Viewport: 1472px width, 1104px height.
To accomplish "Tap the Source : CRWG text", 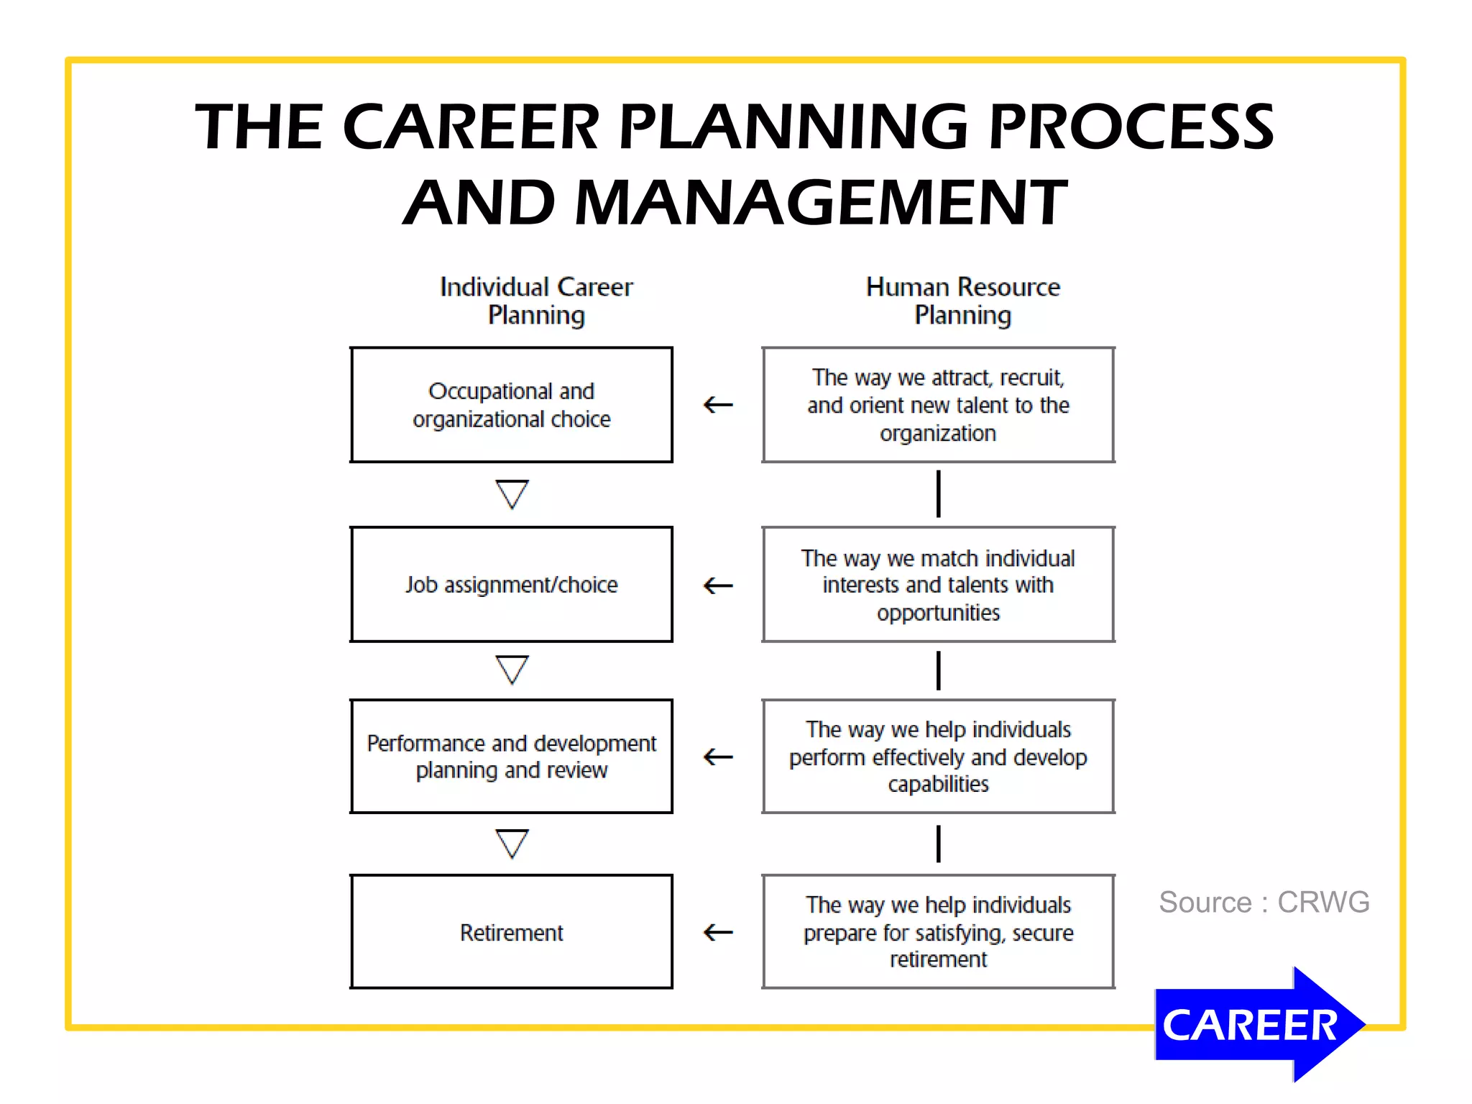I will [1264, 902].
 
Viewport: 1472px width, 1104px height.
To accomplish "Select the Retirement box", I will [511, 932].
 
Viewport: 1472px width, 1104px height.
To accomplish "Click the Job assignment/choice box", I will [511, 584].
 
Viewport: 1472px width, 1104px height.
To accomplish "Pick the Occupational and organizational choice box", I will [511, 404].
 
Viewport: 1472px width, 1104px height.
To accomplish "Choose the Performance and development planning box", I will [511, 756].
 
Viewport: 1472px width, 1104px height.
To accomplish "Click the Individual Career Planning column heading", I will [536, 301].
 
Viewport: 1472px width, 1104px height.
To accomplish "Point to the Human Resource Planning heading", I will [962, 301].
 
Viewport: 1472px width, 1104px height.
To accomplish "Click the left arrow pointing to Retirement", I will [717, 933].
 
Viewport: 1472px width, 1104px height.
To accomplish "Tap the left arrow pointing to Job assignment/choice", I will [717, 585].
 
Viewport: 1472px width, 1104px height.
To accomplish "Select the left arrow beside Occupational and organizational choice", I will [717, 405].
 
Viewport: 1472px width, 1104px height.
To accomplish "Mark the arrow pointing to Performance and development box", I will [717, 757].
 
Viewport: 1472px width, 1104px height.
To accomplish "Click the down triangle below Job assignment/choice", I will [512, 669].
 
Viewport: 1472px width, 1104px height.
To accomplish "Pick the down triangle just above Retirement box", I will [512, 844].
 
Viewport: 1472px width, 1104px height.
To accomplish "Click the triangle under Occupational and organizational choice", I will [512, 494].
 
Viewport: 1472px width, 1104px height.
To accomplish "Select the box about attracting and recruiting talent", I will [938, 405].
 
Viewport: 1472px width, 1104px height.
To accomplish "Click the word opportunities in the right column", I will [938, 613].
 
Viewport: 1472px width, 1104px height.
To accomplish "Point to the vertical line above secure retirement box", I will [938, 844].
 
